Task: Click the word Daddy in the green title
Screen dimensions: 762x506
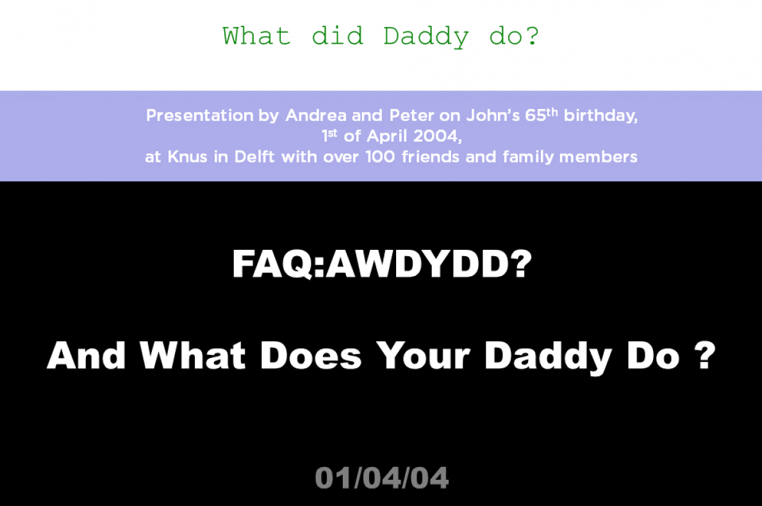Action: tap(426, 37)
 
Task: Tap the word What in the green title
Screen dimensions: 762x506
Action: tap(256, 36)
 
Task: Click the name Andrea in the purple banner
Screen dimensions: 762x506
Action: tap(316, 115)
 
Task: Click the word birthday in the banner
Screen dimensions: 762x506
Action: tap(600, 115)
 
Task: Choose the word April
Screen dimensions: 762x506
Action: tap(387, 136)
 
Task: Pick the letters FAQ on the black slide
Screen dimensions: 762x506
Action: tap(272, 264)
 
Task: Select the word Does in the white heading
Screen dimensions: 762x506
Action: tap(311, 355)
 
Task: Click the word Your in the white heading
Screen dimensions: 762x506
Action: tap(423, 355)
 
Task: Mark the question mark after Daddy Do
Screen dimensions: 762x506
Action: tap(705, 355)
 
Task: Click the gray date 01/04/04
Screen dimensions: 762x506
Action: tap(381, 478)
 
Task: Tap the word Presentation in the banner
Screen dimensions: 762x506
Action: tap(200, 115)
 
